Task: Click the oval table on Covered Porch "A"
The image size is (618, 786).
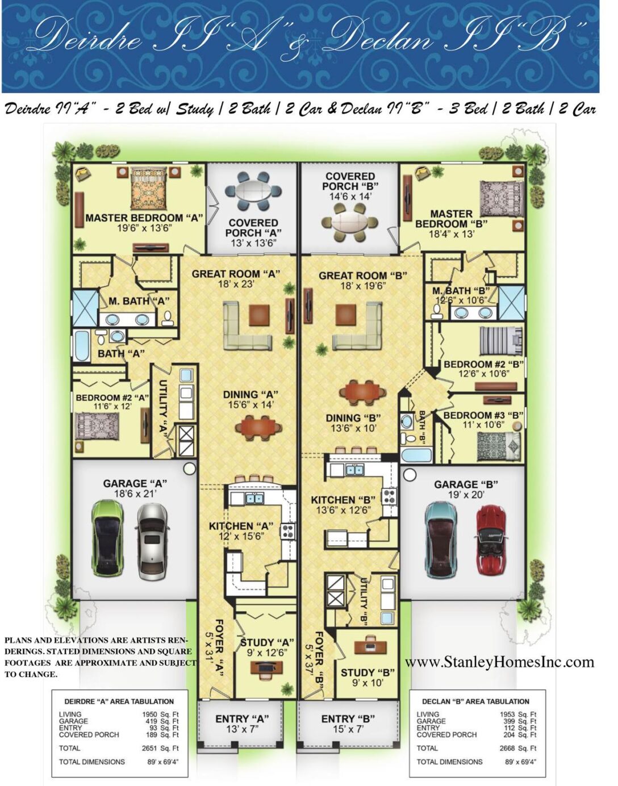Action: tap(253, 192)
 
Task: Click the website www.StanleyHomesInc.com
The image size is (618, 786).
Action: tap(499, 662)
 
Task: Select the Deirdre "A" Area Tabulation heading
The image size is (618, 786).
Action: tap(119, 701)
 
